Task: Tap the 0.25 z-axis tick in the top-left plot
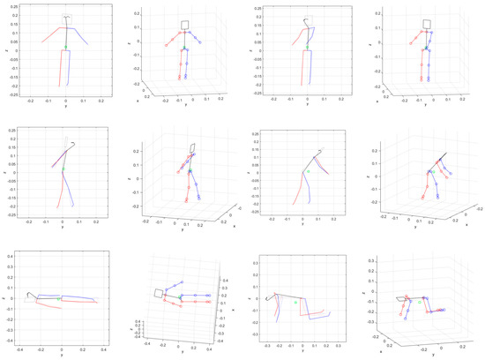13,7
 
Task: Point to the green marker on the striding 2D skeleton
63,167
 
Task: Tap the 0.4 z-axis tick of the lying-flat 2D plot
13,254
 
